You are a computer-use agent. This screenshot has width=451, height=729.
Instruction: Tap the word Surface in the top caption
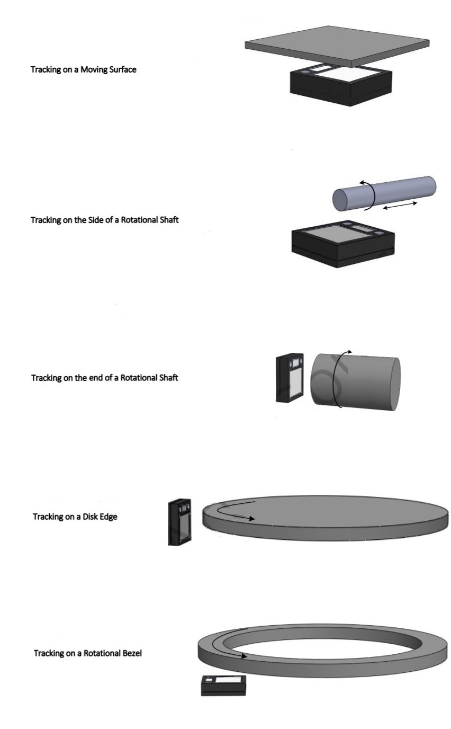(123, 69)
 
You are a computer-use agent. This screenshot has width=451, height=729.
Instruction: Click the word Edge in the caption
(109, 517)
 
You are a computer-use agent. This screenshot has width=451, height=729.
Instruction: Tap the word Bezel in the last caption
(132, 653)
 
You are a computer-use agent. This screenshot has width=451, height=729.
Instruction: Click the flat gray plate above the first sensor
(337, 46)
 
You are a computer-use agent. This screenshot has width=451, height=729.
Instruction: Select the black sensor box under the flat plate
(341, 85)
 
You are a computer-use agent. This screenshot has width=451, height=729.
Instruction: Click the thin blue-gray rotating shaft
(384, 193)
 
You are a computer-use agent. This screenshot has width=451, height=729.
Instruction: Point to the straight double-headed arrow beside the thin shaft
(400, 206)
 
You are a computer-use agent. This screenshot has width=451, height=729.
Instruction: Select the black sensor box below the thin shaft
(343, 244)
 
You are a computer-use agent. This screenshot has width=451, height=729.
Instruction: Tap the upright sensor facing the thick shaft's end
(290, 378)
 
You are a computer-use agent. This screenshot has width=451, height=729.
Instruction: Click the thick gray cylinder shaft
(355, 382)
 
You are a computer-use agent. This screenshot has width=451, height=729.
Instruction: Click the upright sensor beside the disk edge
(180, 522)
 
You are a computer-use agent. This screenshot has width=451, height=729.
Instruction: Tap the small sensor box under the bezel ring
(223, 686)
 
